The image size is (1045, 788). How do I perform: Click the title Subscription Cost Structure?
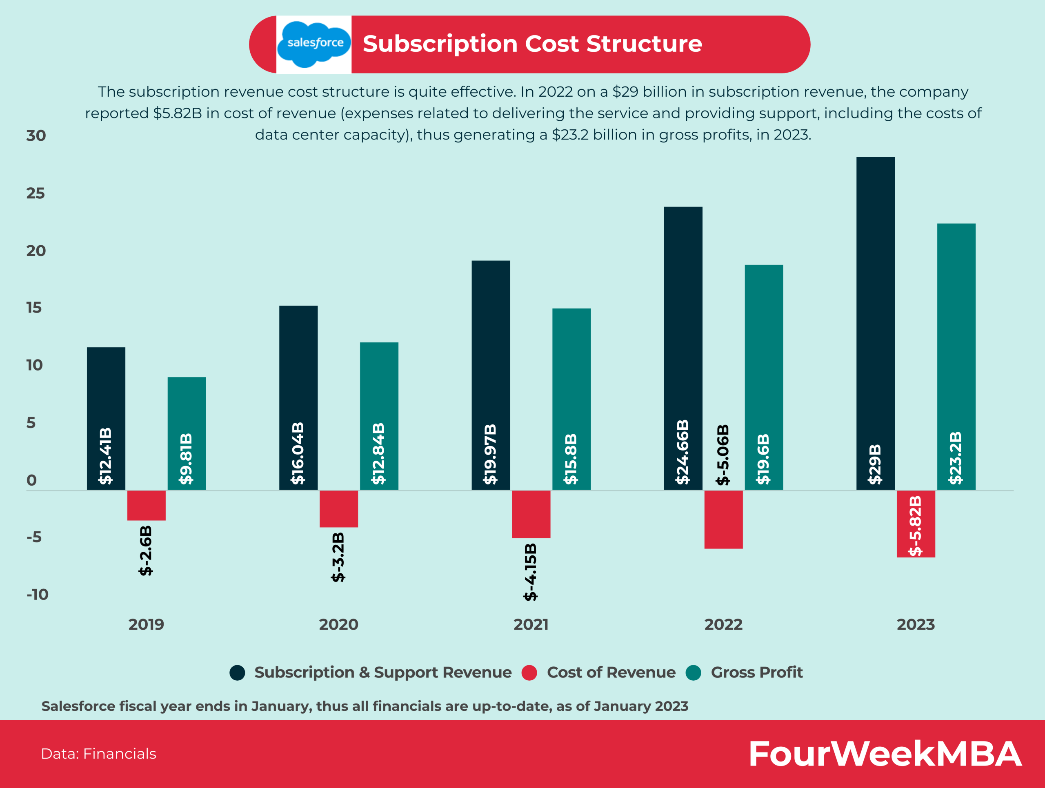coord(532,44)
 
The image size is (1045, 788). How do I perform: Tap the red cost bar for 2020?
coord(339,508)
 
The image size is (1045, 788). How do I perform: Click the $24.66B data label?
coord(683,452)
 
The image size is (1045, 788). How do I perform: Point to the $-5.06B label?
coord(723,455)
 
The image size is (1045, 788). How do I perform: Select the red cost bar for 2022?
coord(723,519)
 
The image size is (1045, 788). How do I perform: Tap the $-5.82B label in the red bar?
coord(916,526)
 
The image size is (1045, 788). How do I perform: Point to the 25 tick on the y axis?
coord(36,193)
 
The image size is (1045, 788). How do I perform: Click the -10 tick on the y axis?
coord(37,595)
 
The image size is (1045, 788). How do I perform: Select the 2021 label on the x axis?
coord(531,625)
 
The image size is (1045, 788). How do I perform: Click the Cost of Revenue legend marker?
coord(529,673)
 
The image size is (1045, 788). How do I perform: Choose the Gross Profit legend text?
coord(756,673)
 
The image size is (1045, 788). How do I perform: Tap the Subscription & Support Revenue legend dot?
coord(237,673)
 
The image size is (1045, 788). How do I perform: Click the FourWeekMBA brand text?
coord(885,754)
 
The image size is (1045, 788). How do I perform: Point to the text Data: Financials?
coord(98,754)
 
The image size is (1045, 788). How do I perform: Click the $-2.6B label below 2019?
coord(146,550)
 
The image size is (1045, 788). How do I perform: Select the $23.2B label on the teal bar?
coord(956,457)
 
